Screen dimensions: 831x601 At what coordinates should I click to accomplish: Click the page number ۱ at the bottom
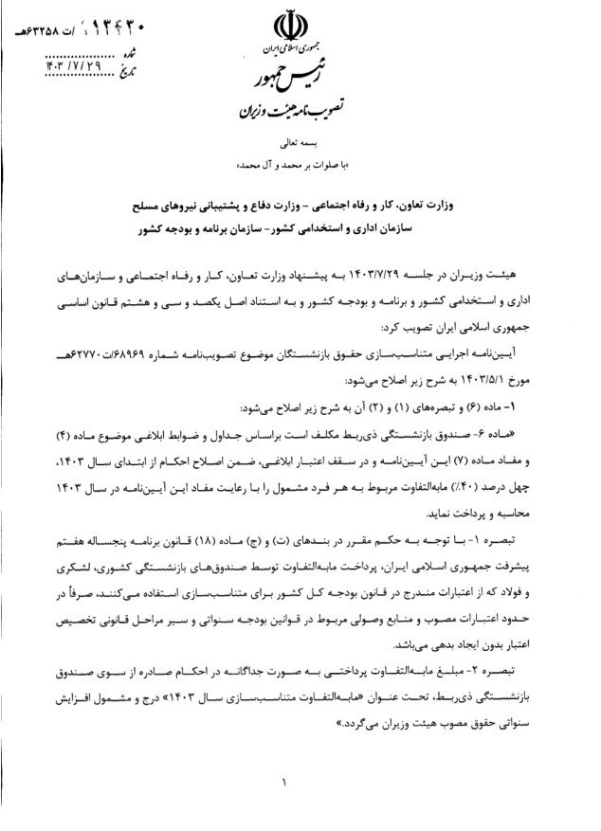point(283,783)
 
